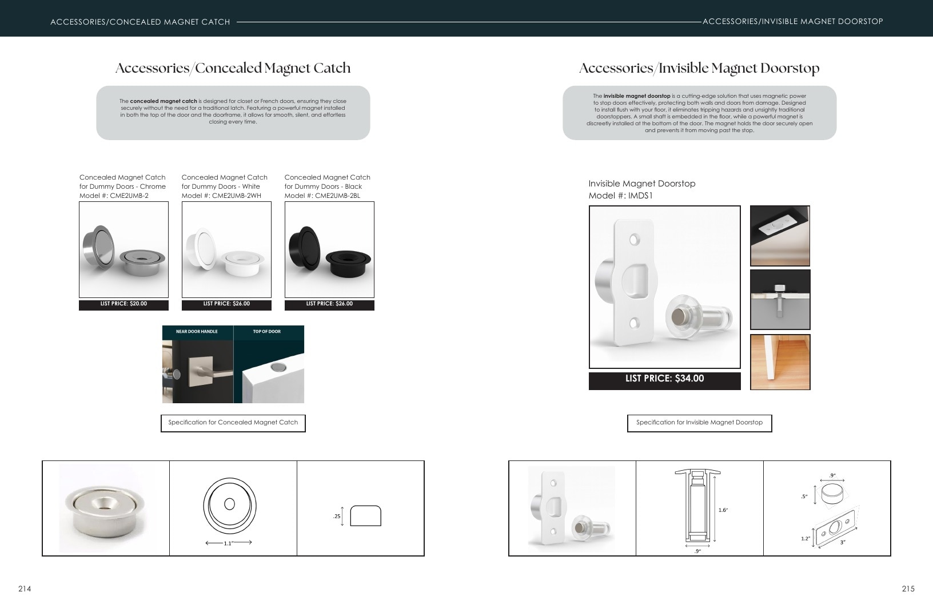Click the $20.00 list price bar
click(x=123, y=305)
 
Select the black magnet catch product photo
click(x=329, y=250)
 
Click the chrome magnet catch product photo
click(x=123, y=250)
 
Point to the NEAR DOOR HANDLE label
click(x=197, y=332)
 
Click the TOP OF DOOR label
click(x=267, y=332)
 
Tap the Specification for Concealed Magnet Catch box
click(x=233, y=423)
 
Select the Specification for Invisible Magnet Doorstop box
click(x=700, y=423)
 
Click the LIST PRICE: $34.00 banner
click(x=665, y=380)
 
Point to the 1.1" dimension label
click(x=228, y=543)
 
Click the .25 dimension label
click(x=337, y=516)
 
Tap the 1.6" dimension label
click(x=723, y=510)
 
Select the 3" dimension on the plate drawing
click(x=843, y=542)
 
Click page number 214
click(x=25, y=589)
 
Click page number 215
click(x=908, y=589)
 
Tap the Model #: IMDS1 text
click(x=621, y=196)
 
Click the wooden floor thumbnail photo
click(x=780, y=362)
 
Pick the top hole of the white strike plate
click(x=635, y=240)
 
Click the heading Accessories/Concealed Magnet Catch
click(x=233, y=68)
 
